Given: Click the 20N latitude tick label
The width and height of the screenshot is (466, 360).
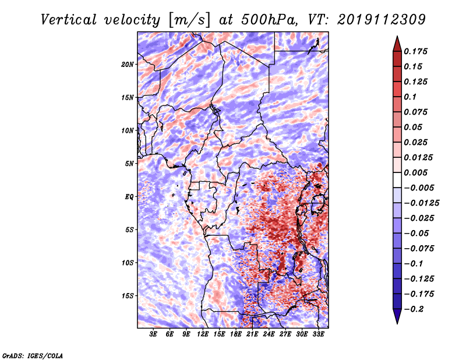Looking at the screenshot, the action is (x=128, y=65).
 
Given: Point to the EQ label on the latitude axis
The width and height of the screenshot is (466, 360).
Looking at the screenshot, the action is (x=129, y=197).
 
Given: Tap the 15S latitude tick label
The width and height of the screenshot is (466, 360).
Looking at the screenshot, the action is (x=128, y=296).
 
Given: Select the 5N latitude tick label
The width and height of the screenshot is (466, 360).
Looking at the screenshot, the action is (x=129, y=164).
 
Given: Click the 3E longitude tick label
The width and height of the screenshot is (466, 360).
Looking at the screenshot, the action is (x=153, y=334).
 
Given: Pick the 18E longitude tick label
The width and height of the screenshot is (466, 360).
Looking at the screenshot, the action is (x=236, y=334).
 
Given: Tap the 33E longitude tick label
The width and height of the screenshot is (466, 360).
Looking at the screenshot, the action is (x=318, y=334).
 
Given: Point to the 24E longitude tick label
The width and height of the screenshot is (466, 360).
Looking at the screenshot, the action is (x=269, y=334).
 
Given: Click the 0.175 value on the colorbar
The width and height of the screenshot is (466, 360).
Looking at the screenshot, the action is (x=415, y=51).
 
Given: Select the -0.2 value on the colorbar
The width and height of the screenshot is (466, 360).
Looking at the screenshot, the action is (x=414, y=309).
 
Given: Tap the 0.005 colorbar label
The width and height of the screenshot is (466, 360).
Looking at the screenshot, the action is (x=415, y=172).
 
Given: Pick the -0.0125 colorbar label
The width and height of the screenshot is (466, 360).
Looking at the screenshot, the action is (x=421, y=203).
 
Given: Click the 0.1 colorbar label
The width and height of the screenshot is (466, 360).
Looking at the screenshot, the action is (x=410, y=97).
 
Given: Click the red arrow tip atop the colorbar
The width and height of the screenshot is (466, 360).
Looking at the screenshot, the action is (x=397, y=37).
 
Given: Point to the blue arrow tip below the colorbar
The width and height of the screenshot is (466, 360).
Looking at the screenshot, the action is (x=397, y=323).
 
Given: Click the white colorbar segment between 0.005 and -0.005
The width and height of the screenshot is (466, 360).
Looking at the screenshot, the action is (x=397, y=180).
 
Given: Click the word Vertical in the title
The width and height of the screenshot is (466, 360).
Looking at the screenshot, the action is (x=69, y=20).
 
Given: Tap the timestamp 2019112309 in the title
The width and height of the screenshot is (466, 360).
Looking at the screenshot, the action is (x=382, y=20).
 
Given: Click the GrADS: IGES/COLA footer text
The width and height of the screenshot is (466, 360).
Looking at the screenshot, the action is (x=33, y=355).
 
